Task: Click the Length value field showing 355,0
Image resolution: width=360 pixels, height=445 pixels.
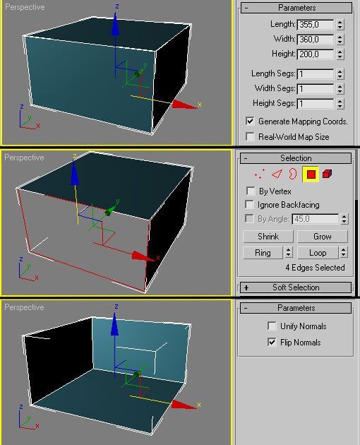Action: click(x=315, y=25)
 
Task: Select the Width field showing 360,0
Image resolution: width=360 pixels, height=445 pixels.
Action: click(x=315, y=39)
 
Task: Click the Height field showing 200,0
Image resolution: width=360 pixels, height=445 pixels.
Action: click(x=315, y=54)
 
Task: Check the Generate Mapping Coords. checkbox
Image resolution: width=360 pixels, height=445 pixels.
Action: click(x=250, y=121)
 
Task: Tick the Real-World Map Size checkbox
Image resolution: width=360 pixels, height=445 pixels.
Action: click(x=250, y=136)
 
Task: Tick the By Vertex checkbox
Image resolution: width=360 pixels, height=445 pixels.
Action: click(x=250, y=191)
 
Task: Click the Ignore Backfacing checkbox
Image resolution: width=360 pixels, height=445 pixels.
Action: click(x=250, y=205)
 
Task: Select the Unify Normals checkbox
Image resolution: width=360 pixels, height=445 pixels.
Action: click(x=272, y=326)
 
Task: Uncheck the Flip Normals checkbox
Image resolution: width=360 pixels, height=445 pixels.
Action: click(x=272, y=343)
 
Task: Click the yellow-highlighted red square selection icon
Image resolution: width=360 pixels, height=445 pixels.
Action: click(x=311, y=174)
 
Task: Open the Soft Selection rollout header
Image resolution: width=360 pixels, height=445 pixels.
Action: click(x=296, y=287)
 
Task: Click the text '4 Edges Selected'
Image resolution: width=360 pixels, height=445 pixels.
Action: click(x=315, y=268)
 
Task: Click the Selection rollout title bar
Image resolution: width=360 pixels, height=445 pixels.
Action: click(x=296, y=158)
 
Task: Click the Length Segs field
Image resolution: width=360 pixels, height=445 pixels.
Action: click(x=315, y=74)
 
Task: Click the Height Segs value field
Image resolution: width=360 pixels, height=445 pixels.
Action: click(x=315, y=104)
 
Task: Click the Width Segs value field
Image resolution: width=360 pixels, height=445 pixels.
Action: click(x=315, y=89)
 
